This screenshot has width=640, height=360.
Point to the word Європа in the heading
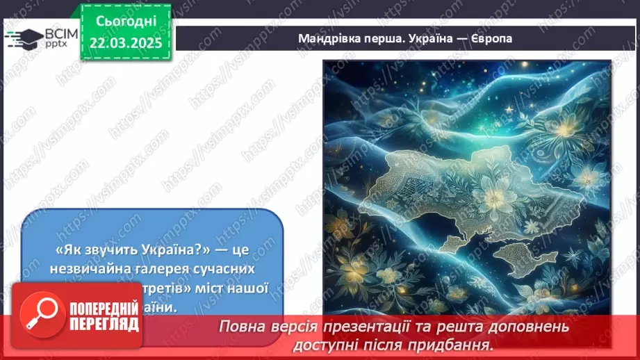(491, 38)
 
